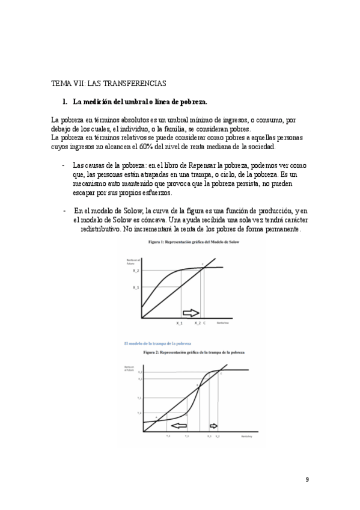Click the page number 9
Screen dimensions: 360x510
[307, 479]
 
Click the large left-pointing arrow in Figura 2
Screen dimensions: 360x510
[175, 425]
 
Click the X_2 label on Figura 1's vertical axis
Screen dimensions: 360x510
[136, 271]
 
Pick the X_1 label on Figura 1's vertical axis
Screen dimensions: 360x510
[136, 287]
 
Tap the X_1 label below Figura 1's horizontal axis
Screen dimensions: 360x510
[179, 324]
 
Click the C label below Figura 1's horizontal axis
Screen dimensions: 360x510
[204, 324]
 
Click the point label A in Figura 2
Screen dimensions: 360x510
[156, 417]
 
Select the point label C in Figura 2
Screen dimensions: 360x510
[221, 374]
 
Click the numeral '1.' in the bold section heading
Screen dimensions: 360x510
[66, 100]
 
